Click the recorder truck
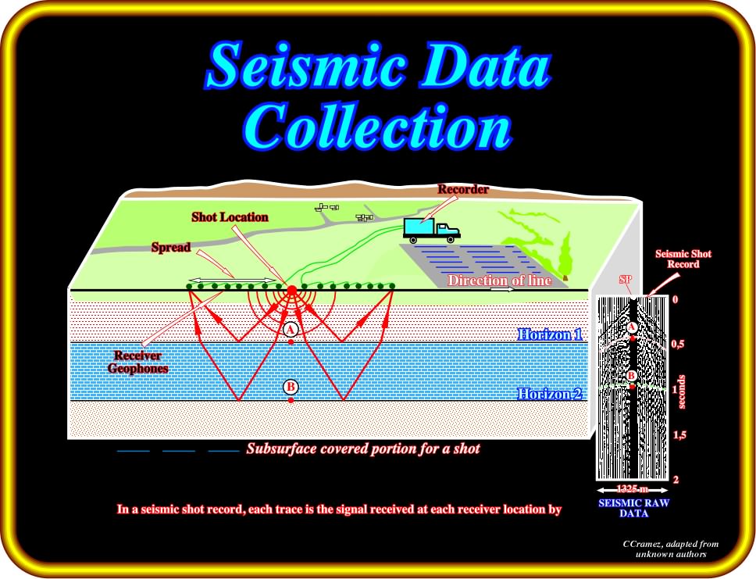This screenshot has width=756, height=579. (432, 231)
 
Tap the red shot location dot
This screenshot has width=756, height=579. (291, 290)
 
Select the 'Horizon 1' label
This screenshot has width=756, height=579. (550, 334)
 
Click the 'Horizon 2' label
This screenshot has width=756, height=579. (550, 394)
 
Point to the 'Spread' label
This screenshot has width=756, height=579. (171, 248)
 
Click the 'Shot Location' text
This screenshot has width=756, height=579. (230, 217)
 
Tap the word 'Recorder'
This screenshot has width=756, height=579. (463, 189)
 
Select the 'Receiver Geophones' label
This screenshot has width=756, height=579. (138, 362)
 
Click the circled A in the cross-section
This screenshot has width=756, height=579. (291, 329)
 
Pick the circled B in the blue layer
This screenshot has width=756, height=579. (291, 387)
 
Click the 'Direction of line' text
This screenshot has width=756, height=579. (500, 281)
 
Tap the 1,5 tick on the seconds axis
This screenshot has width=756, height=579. (679, 435)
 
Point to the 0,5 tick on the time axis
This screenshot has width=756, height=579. (678, 344)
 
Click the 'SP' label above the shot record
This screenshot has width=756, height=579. (626, 280)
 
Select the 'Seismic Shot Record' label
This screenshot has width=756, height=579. (683, 259)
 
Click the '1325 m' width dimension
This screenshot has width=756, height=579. (632, 488)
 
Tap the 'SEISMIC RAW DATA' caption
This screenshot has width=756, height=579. (633, 508)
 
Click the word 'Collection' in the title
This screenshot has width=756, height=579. (376, 127)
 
